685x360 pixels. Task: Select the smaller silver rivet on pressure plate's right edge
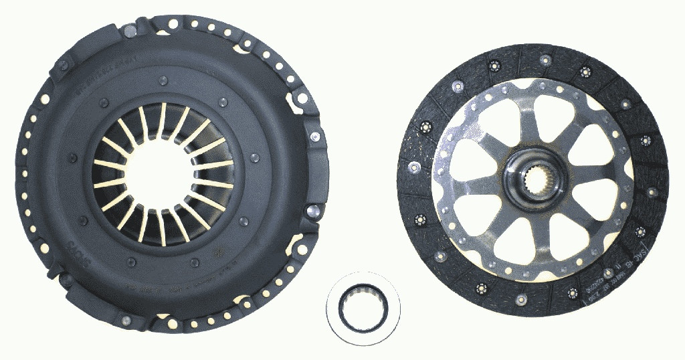314,137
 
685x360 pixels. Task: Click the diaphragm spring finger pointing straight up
163,120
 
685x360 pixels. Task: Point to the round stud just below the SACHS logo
67,276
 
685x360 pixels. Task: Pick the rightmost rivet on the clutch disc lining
652,192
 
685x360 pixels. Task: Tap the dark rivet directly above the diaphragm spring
163,81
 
